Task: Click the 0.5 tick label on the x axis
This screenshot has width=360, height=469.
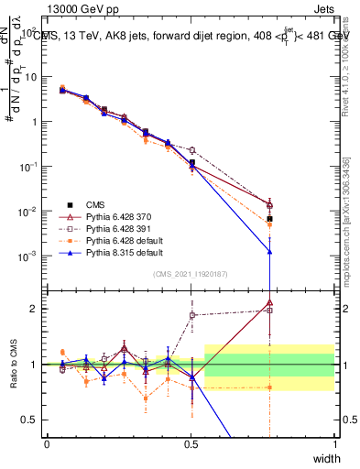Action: (191, 443)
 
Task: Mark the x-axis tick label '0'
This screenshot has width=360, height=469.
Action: (47, 443)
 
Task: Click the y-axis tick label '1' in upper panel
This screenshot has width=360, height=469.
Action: (35, 121)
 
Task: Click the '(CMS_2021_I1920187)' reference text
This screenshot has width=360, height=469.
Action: (191, 274)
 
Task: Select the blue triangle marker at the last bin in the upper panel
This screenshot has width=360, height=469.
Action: (269, 251)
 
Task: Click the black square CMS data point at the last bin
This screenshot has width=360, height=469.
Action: (269, 220)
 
